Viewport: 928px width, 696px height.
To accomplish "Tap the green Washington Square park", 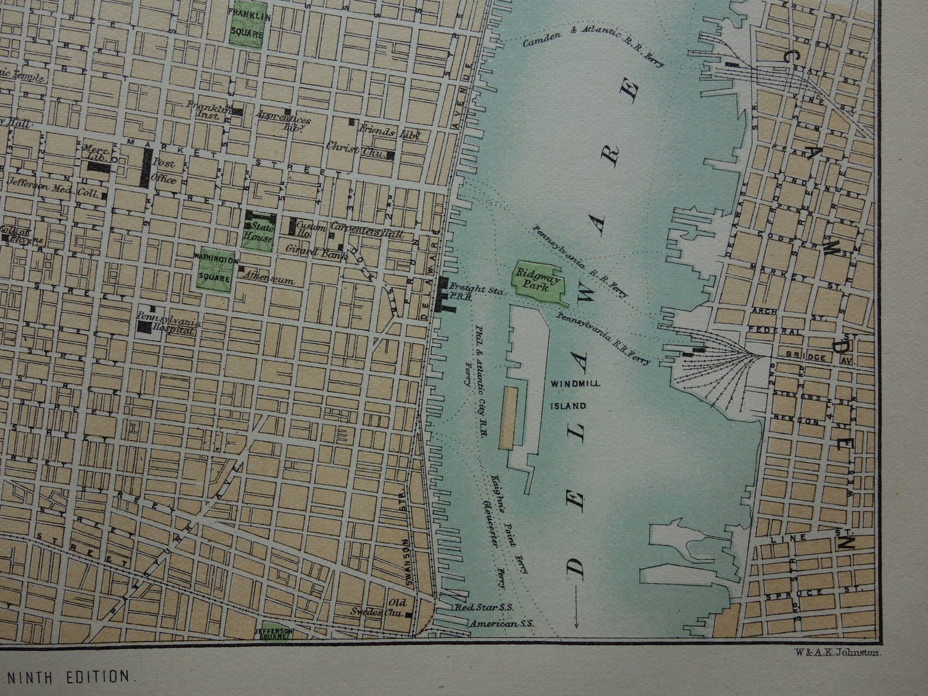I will (x=215, y=270).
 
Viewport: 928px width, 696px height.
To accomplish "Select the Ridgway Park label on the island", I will (x=536, y=281).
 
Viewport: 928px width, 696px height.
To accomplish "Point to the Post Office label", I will (x=164, y=171).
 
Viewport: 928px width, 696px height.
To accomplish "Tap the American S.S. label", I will (x=502, y=623).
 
